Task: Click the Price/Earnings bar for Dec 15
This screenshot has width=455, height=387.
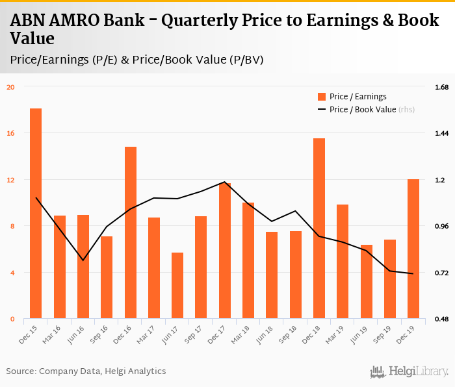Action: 36,214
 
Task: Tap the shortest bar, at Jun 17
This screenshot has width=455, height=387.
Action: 177,286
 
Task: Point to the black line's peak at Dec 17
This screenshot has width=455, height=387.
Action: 224,182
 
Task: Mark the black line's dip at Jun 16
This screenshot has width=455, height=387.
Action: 83,260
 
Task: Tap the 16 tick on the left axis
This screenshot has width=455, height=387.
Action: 10,133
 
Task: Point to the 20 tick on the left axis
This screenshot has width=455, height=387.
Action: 10,86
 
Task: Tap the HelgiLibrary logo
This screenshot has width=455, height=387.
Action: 409,371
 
